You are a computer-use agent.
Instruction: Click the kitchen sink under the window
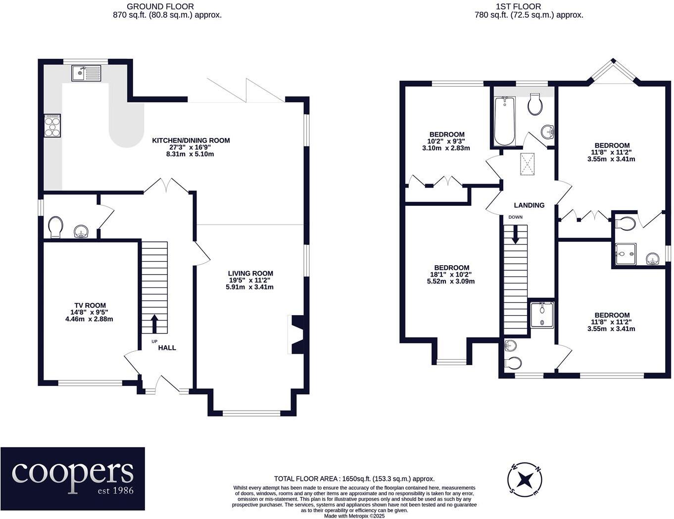86,74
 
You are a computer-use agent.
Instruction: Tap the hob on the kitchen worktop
52,125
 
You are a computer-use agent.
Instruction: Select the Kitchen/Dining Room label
191,141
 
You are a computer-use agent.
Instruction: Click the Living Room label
250,273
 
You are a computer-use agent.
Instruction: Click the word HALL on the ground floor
167,348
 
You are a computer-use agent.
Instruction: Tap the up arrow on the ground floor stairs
154,324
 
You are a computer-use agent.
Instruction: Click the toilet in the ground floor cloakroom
55,227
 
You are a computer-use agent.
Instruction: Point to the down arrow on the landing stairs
516,235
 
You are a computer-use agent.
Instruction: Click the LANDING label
529,205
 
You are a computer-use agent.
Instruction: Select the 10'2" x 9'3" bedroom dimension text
446,141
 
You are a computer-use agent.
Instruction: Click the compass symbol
525,479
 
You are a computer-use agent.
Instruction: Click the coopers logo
73,478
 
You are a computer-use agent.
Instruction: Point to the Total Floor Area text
354,478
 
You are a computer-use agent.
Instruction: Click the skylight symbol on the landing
527,163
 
